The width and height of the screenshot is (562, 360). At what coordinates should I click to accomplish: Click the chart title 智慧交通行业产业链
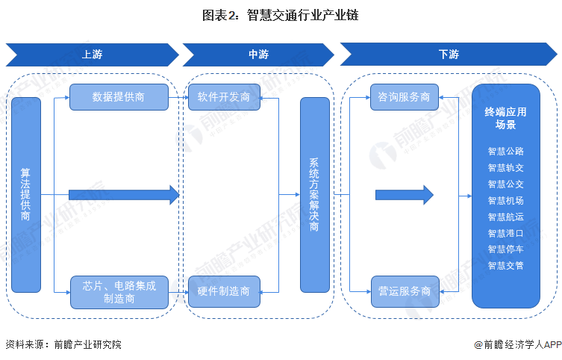click(281, 15)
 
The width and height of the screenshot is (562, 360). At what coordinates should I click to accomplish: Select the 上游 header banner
click(92, 55)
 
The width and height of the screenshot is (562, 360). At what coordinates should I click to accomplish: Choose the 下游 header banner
click(449, 55)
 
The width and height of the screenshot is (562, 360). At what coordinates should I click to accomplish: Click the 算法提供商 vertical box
click(25, 194)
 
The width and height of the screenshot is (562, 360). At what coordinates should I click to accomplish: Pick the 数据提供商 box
click(119, 97)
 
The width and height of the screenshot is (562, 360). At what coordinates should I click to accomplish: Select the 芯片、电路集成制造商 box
click(119, 292)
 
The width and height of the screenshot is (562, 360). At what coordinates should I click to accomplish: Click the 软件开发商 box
click(223, 97)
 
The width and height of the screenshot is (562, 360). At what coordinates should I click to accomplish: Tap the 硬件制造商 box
click(223, 291)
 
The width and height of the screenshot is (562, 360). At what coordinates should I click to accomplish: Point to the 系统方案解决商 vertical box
click(314, 194)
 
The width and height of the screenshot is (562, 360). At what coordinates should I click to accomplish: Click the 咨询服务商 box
click(404, 97)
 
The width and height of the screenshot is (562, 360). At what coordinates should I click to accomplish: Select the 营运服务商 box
click(404, 291)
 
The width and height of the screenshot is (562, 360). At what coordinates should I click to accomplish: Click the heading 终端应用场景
click(505, 118)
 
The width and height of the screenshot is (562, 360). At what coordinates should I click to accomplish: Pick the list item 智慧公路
click(505, 151)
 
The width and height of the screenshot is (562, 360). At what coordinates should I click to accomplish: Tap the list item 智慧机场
click(505, 200)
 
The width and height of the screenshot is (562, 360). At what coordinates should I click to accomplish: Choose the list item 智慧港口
click(505, 233)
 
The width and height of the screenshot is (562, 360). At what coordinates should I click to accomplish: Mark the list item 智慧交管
click(505, 265)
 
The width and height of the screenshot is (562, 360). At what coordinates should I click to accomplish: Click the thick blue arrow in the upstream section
click(124, 195)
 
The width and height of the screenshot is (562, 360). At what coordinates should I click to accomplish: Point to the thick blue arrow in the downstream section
click(404, 195)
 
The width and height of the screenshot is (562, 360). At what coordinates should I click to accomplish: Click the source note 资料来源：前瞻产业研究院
click(63, 344)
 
